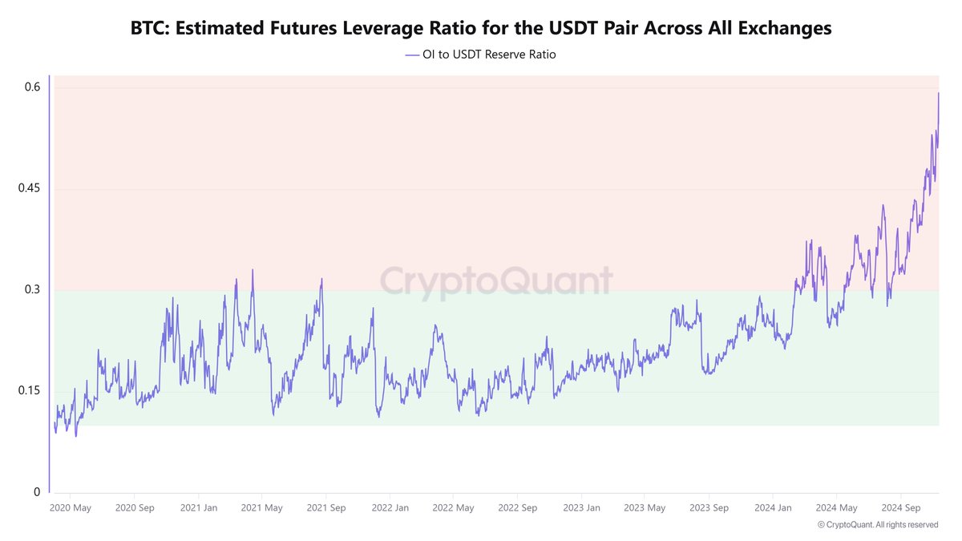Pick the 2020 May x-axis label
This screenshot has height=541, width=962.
coord(71,507)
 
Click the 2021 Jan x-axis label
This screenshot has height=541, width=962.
coord(198,507)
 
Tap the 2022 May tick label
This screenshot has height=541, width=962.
coord(453,507)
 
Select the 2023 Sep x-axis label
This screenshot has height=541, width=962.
coord(709,507)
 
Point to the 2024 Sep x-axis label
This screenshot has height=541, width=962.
coord(900,507)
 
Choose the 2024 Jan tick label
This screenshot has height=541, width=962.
coord(773,507)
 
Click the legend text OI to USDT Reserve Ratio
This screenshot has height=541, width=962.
coord(489,55)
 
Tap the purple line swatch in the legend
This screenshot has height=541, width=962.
coord(413,55)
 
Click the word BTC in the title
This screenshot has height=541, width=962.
coord(149,28)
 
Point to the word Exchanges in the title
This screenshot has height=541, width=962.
coord(779,28)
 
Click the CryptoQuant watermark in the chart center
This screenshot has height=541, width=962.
coord(495,281)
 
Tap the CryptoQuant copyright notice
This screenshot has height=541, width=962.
coord(878,525)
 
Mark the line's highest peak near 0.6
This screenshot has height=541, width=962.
coord(938,93)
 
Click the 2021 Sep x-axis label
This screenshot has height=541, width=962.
coord(325,507)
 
